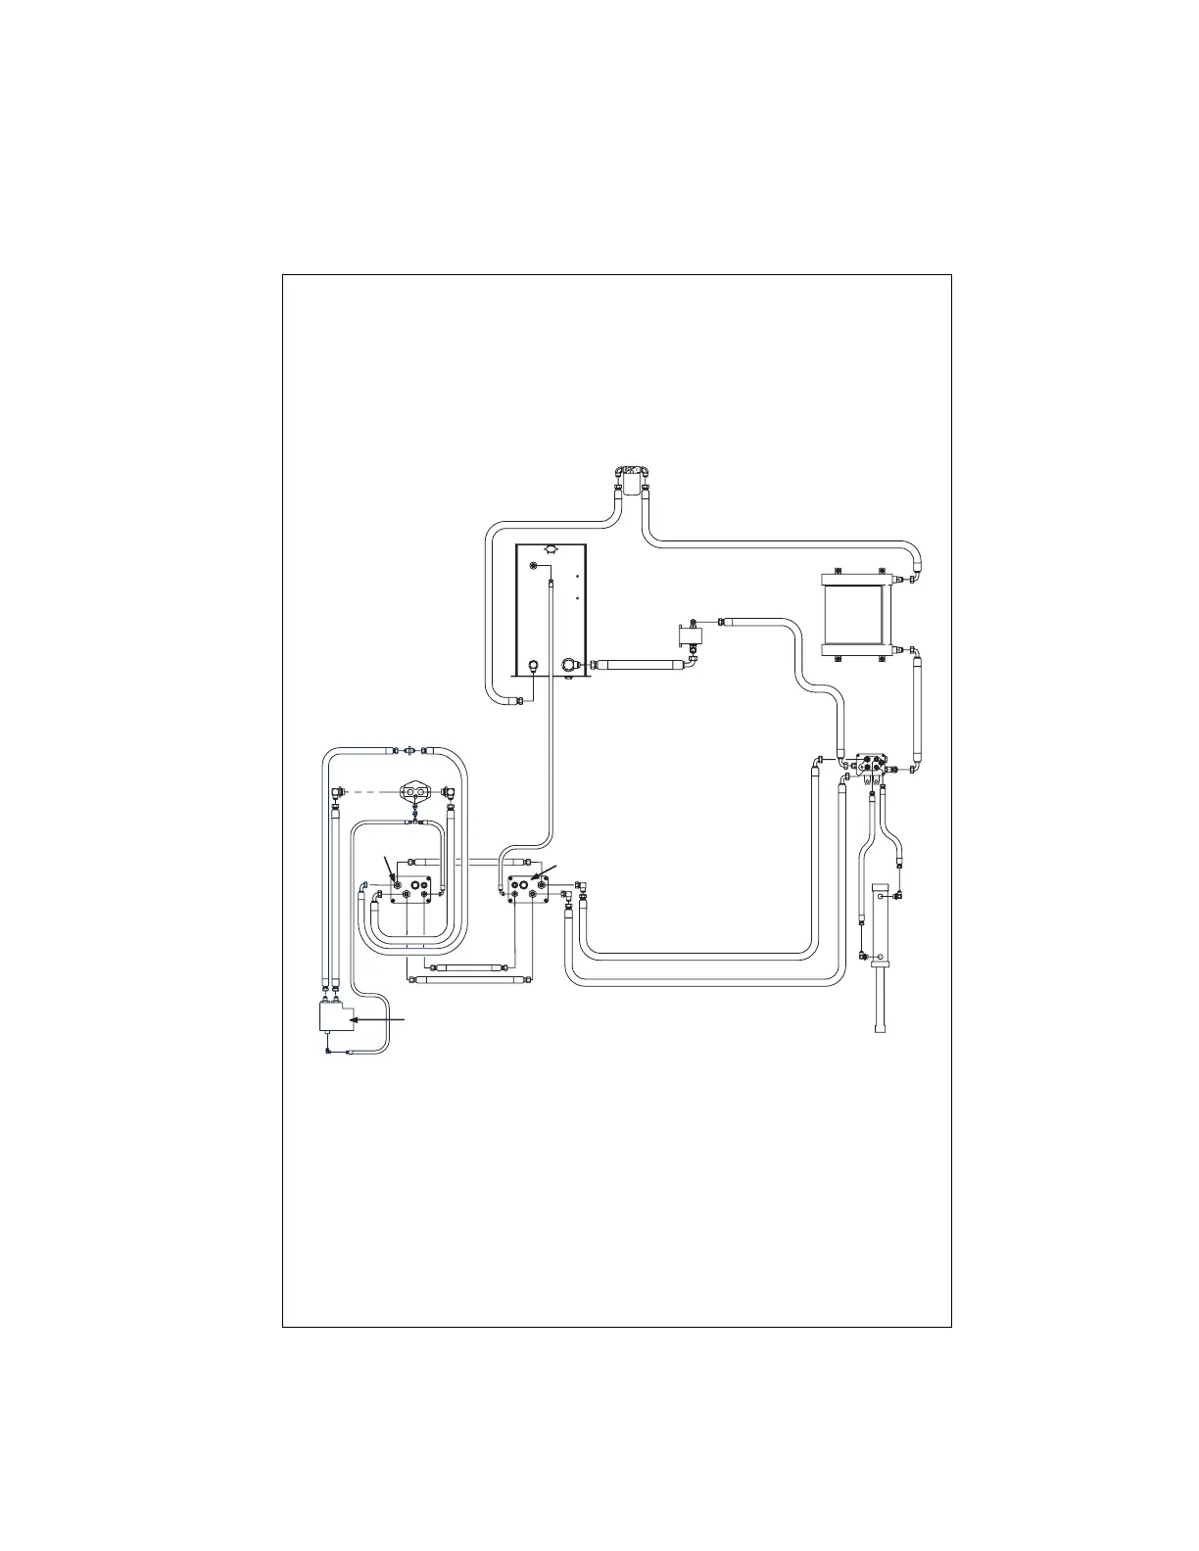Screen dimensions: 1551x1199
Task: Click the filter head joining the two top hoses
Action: point(635,479)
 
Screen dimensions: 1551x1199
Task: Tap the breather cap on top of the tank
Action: point(551,550)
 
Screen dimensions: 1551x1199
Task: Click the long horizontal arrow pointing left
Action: point(378,1019)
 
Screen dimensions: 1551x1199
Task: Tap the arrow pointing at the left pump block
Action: point(390,866)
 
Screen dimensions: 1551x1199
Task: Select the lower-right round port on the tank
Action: point(569,665)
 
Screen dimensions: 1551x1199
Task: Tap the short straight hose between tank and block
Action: point(637,665)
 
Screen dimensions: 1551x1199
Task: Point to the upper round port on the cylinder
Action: point(880,895)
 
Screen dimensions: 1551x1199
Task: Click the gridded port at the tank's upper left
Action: point(533,567)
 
